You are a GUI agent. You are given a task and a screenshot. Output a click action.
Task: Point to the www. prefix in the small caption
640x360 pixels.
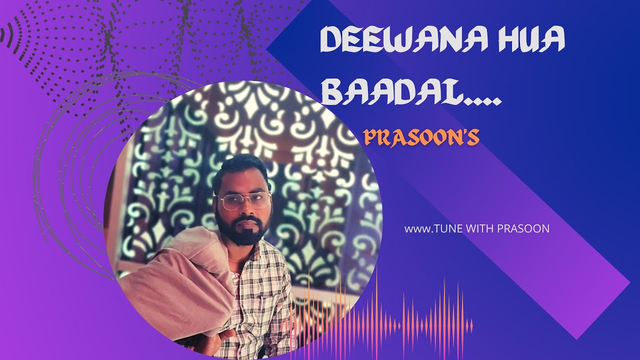(x=413, y=229)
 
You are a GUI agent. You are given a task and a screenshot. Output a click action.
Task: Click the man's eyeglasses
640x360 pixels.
(x=244, y=201)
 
